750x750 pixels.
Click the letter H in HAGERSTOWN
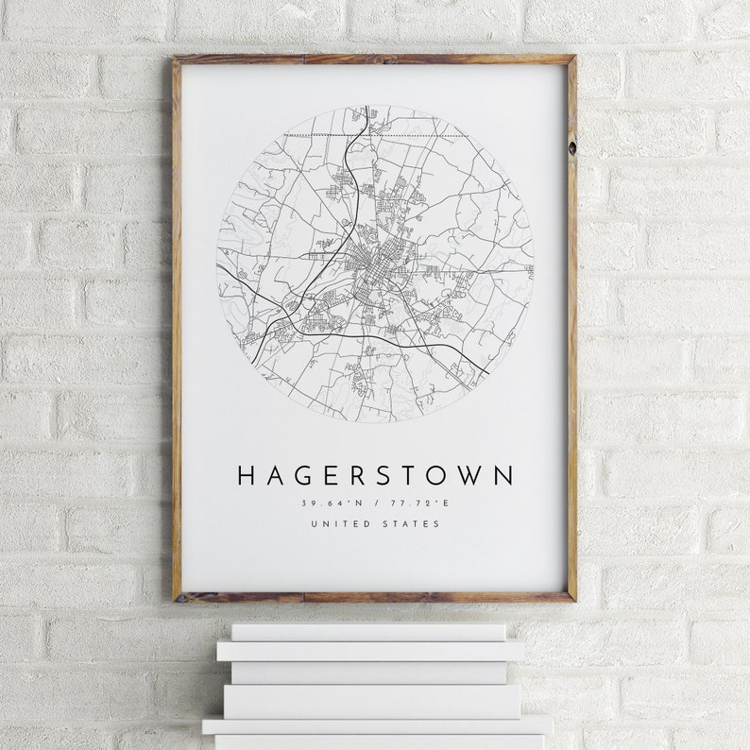pos(247,475)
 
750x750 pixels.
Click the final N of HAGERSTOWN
pos(505,475)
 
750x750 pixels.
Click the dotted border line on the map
pos(416,136)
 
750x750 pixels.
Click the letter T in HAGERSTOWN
pos(414,475)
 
